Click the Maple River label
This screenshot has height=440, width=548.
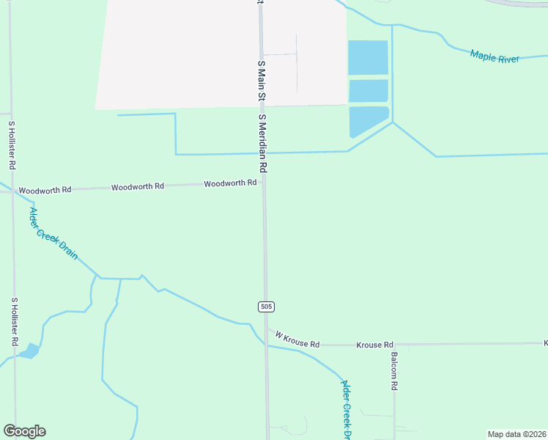pos(495,56)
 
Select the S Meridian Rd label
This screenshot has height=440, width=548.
pos(262,144)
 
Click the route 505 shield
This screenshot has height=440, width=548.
pos(266,306)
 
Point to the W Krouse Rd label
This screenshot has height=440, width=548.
pos(297,340)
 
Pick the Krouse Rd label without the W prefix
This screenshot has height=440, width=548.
pos(375,345)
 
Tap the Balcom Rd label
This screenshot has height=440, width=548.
pos(394,370)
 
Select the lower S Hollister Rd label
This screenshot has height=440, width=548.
pos(14,321)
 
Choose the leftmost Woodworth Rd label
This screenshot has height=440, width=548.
pos(45,190)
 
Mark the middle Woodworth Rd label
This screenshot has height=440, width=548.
pos(138,187)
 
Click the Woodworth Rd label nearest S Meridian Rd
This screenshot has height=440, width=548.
pos(230,183)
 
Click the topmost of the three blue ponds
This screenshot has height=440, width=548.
pos(368,58)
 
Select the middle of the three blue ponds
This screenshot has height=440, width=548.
pos(368,91)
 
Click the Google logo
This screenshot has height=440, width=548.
pos(24,431)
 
